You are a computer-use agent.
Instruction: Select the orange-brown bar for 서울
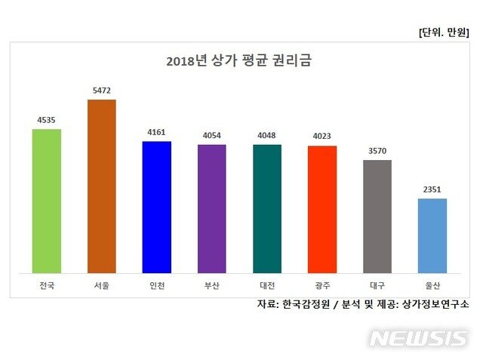tap(102, 186)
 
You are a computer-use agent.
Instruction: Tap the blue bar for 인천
tap(157, 207)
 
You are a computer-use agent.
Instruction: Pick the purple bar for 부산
tap(212, 208)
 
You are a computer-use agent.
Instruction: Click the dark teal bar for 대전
tap(267, 208)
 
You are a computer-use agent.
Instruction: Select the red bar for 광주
tap(322, 209)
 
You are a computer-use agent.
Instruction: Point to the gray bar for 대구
tap(377, 216)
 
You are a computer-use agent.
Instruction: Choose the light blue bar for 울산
tap(432, 235)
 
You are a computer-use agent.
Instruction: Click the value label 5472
tap(102, 91)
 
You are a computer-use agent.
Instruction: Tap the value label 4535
tap(47, 120)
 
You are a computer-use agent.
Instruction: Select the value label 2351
tap(432, 189)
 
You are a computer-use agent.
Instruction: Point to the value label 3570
tap(377, 151)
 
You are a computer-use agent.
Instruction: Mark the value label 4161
tap(157, 132)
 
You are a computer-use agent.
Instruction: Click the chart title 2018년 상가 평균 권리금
tap(239, 61)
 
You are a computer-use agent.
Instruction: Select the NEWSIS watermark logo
tap(418, 338)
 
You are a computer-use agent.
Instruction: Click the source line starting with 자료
tap(362, 304)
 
